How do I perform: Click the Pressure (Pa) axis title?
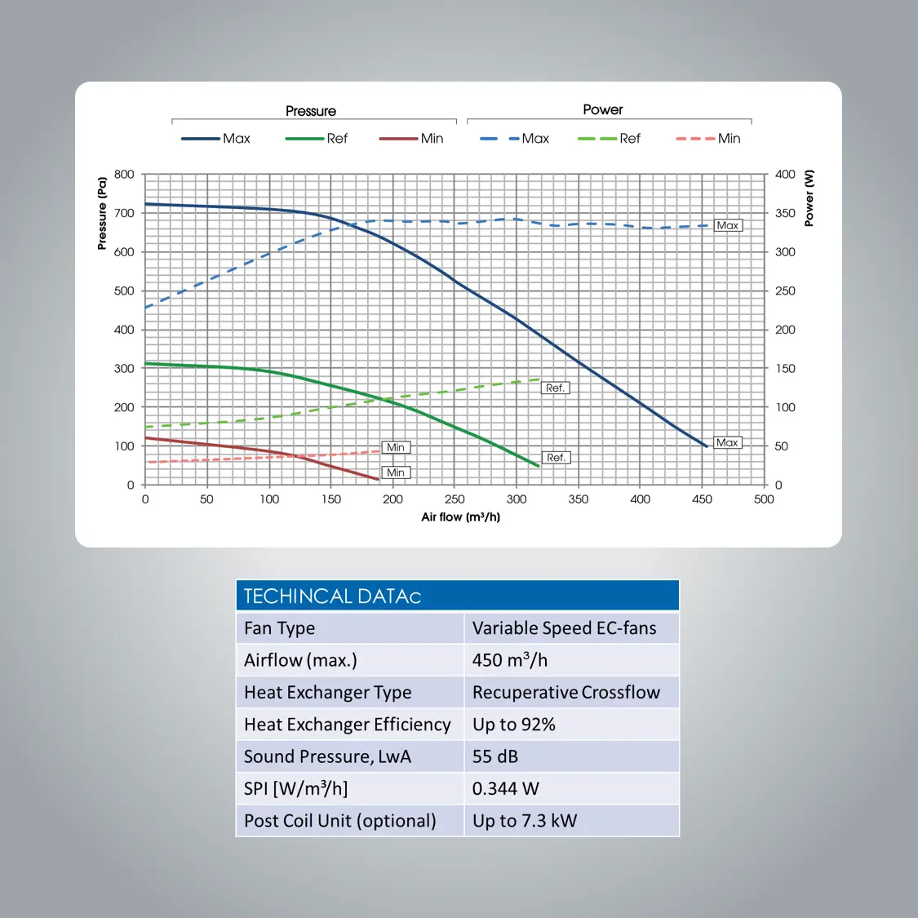(x=102, y=213)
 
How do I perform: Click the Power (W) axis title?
(x=809, y=198)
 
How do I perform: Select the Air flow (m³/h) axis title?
(x=460, y=517)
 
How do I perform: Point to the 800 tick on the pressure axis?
(x=124, y=174)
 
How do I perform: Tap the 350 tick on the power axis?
(x=785, y=213)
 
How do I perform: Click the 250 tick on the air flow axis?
(x=455, y=499)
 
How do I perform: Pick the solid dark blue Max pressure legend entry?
(x=216, y=139)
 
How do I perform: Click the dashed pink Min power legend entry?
(x=708, y=139)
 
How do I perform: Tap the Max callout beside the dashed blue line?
(x=728, y=225)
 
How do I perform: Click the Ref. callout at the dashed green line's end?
(x=555, y=388)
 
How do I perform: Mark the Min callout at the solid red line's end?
(x=396, y=472)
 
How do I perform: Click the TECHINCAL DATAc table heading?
(x=332, y=596)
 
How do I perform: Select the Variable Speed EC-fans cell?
(x=564, y=628)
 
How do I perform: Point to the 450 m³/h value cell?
(x=510, y=660)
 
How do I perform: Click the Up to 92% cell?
(x=514, y=725)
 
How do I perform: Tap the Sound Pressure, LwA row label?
(x=327, y=756)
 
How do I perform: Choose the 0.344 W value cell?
(x=506, y=788)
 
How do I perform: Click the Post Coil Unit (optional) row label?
(x=339, y=821)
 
